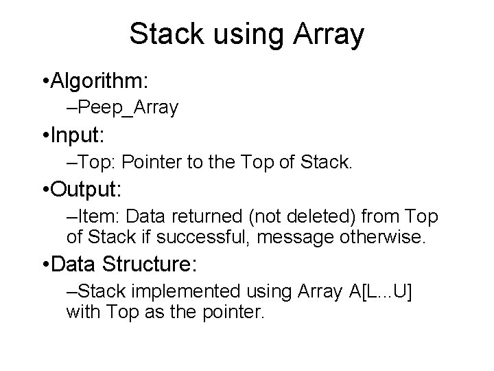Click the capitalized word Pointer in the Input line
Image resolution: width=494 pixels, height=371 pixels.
coord(155,162)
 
